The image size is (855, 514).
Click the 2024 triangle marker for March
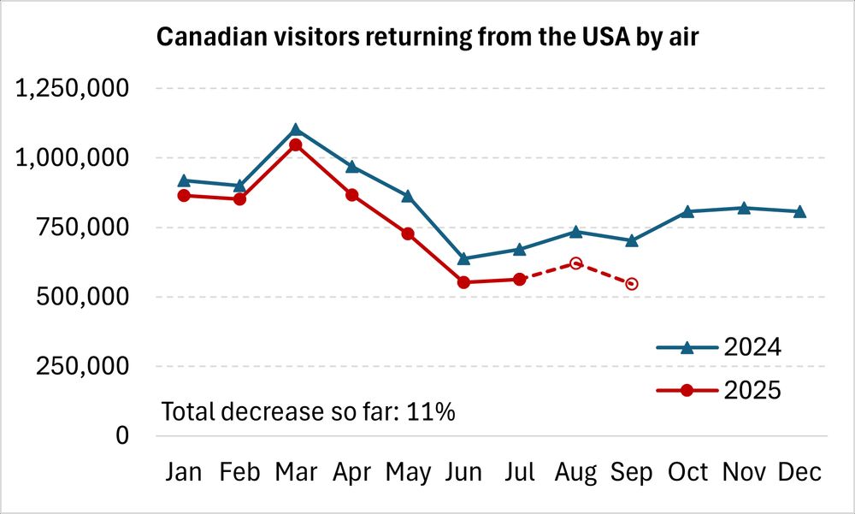point(296,130)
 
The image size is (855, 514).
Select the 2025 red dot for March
point(296,145)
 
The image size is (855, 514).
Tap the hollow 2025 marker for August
point(576,263)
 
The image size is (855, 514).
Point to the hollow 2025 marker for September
point(632,284)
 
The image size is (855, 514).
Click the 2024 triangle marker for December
point(800,211)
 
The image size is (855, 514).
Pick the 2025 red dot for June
point(464,282)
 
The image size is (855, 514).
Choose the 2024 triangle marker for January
point(184,180)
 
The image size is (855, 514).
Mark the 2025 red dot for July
point(520,279)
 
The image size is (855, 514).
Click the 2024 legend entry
point(718,348)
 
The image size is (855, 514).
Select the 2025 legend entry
point(718,390)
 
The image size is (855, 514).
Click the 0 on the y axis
point(122,436)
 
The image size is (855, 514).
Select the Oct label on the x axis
point(688,472)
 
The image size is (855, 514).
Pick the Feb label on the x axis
point(239,472)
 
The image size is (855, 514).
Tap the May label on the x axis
point(408,472)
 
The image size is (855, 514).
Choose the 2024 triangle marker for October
point(688,211)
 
